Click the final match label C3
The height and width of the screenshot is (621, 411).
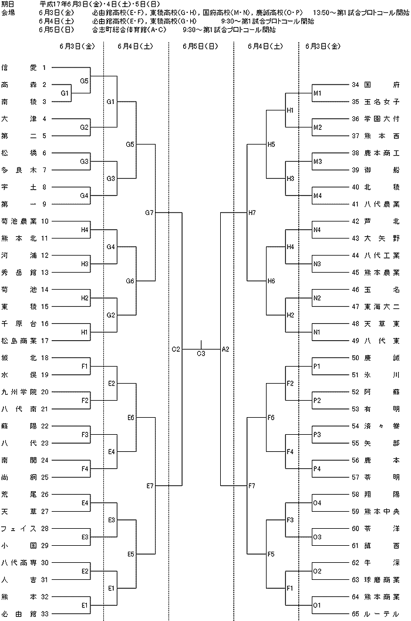pyautogui.click(x=201, y=353)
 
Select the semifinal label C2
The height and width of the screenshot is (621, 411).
pyautogui.click(x=176, y=350)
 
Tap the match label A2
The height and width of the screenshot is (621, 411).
pyautogui.click(x=225, y=350)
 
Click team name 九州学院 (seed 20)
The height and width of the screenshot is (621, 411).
pyautogui.click(x=19, y=392)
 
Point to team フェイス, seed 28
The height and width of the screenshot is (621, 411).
pyautogui.click(x=19, y=528)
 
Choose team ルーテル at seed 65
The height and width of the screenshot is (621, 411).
pyautogui.click(x=382, y=614)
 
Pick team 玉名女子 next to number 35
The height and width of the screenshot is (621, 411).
pyautogui.click(x=382, y=102)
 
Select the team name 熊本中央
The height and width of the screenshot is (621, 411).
pyautogui.click(x=382, y=511)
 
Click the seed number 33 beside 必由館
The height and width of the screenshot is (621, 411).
pyautogui.click(x=45, y=614)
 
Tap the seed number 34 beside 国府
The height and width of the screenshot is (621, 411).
pyautogui.click(x=356, y=85)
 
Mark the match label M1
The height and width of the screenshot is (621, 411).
pyautogui.click(x=318, y=93)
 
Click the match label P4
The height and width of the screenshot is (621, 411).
pyautogui.click(x=317, y=468)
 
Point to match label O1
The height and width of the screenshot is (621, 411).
pyautogui.click(x=317, y=605)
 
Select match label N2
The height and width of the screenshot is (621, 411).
pyautogui.click(x=317, y=298)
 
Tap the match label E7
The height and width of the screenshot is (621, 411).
pyautogui.click(x=150, y=485)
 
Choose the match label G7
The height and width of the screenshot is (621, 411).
pyautogui.click(x=149, y=213)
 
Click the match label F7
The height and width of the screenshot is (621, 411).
pyautogui.click(x=252, y=485)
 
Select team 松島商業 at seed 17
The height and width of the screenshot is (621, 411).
pyautogui.click(x=19, y=341)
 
